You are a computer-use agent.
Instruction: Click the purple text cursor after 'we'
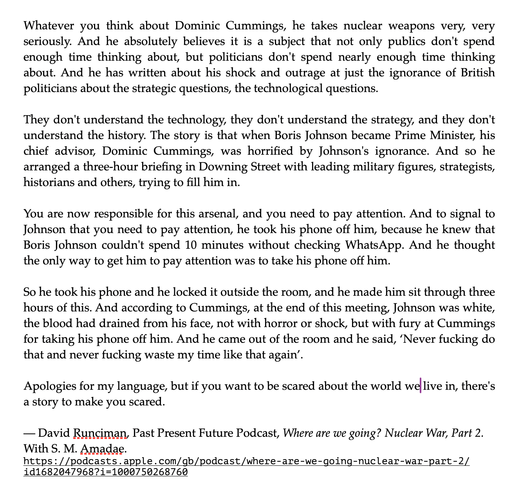(421, 385)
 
